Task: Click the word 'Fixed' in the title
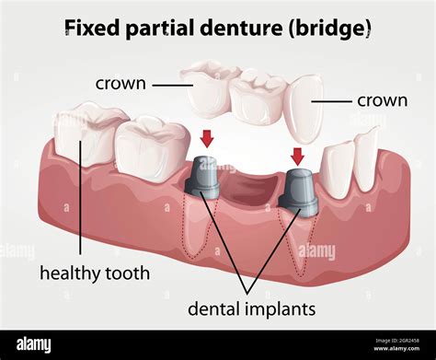pos(86,28)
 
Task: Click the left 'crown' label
pos(120,84)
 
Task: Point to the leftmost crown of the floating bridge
pos(208,88)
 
